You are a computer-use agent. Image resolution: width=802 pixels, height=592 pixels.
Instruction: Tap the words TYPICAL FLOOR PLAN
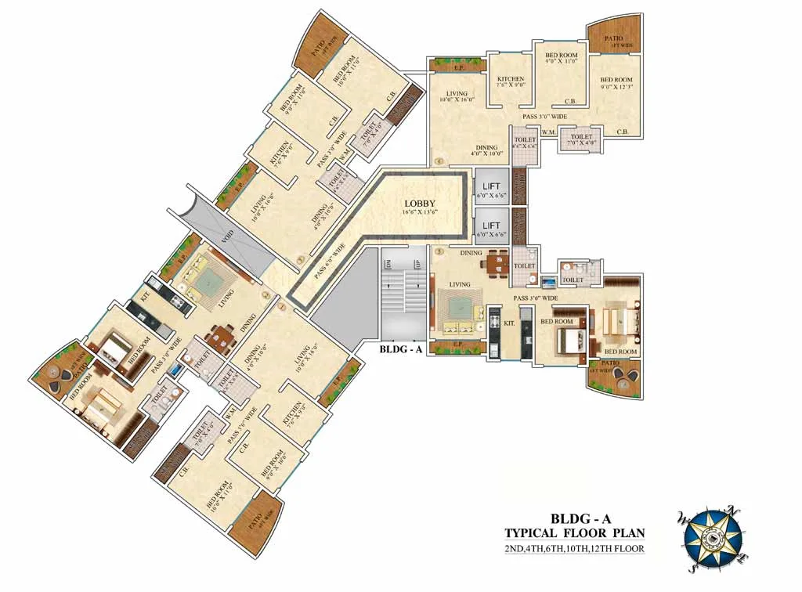point(575,533)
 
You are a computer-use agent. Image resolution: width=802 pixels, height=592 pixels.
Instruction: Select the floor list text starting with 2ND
point(575,548)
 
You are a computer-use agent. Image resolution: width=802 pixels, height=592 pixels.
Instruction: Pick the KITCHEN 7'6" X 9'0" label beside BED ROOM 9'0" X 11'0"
point(510,82)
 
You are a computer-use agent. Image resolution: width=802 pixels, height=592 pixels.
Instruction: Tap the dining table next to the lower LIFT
point(494,262)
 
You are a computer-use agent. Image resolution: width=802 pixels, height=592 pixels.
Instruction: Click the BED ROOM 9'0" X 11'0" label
point(562,60)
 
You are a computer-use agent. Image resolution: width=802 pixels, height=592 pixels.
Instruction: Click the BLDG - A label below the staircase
point(400,350)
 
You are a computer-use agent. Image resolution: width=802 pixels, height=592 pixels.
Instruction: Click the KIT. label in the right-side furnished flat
point(508,323)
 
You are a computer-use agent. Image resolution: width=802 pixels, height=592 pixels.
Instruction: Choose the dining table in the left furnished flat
point(220,338)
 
